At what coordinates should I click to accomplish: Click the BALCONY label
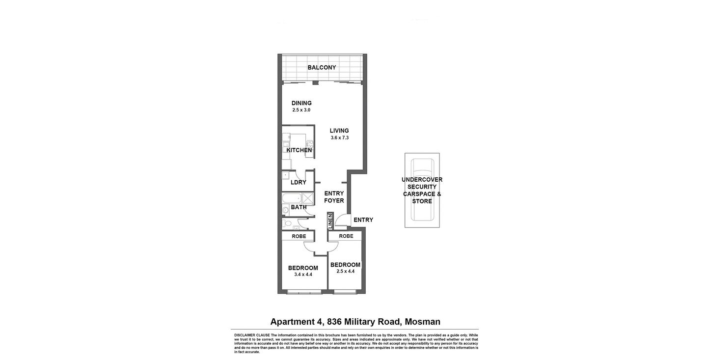click(x=322, y=67)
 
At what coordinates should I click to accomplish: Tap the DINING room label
click(x=301, y=103)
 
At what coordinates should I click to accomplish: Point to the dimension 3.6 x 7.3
click(x=339, y=138)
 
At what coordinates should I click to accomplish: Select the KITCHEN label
click(x=299, y=150)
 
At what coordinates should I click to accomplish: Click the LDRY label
click(x=299, y=183)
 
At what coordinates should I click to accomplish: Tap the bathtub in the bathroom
click(x=291, y=198)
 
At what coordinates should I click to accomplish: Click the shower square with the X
click(x=308, y=198)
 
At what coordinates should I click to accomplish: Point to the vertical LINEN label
click(x=330, y=221)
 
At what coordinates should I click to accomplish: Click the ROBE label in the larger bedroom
click(x=299, y=237)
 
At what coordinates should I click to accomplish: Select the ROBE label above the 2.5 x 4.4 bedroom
click(x=346, y=237)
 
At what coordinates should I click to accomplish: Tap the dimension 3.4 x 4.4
click(x=303, y=275)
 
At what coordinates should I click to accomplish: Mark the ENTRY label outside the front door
click(x=363, y=220)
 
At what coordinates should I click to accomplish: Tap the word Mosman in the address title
click(x=423, y=322)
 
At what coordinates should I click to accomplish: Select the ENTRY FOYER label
click(x=334, y=197)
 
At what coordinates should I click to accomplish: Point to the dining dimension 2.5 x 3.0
click(x=301, y=110)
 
